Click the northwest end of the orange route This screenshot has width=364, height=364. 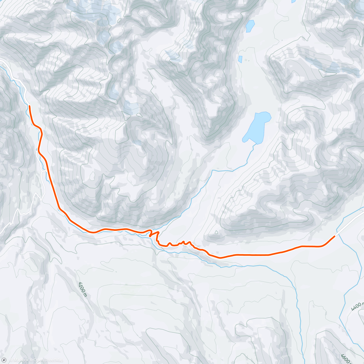[29, 106]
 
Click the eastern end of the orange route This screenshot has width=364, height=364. [335, 236]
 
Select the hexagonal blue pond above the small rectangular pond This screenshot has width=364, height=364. [250, 26]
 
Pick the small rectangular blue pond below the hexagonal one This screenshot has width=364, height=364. [240, 59]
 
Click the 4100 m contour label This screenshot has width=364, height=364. [82, 289]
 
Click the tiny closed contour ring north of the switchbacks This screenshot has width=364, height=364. [216, 232]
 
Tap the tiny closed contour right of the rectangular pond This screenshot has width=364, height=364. [246, 60]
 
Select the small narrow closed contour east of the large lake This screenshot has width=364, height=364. [317, 165]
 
